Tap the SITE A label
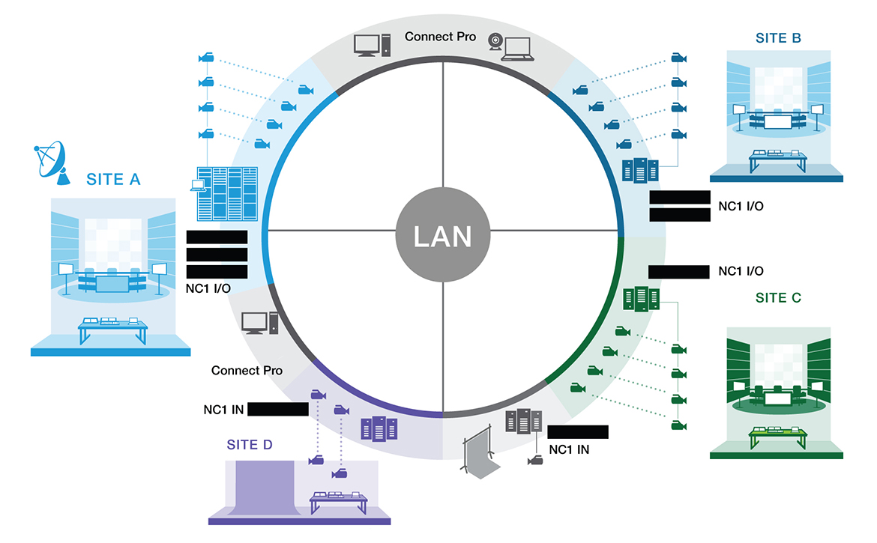(113, 180)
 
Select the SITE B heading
(780, 38)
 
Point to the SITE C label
(778, 298)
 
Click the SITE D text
(250, 445)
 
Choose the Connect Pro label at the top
(440, 36)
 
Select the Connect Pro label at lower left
(247, 370)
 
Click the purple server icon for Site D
(378, 428)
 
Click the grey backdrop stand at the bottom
(478, 453)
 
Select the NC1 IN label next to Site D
(223, 409)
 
